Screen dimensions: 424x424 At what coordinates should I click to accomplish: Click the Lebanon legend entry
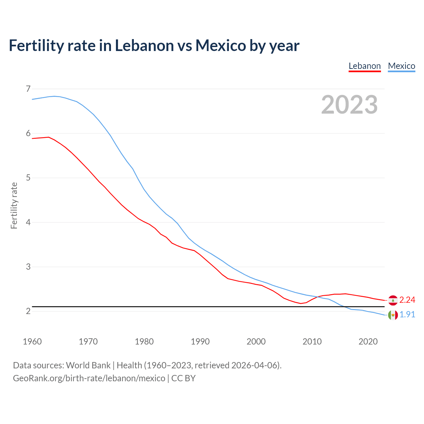pos(365,66)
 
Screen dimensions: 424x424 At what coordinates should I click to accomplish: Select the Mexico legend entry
pos(401,66)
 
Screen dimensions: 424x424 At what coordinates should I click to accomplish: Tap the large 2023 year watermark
pos(349,105)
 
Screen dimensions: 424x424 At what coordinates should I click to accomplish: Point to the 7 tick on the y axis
pos(28,89)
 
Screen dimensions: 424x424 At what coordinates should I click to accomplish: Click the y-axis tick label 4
pos(28,222)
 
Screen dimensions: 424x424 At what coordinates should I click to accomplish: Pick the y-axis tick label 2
pos(28,311)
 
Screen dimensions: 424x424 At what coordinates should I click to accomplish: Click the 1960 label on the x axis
pos(32,342)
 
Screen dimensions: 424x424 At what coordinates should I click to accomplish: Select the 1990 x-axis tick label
pos(200,342)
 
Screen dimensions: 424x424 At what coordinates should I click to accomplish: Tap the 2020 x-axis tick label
pos(368,342)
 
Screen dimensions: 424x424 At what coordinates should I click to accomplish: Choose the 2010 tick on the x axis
pos(312,342)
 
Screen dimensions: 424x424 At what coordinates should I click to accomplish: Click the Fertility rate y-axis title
pos(14,205)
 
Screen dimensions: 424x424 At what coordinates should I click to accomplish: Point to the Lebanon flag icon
pos(393,300)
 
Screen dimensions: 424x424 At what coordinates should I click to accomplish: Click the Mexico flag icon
pos(393,315)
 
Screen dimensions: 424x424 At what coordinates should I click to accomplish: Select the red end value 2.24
pos(407,300)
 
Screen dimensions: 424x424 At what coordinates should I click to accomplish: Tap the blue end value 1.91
pos(407,314)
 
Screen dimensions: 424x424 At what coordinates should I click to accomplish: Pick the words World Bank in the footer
pos(88,365)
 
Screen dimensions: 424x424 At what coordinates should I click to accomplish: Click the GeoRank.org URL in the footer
pos(89,378)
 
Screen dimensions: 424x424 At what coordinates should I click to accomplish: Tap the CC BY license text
pos(183,378)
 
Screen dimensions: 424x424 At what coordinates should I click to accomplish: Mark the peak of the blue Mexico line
pos(54,96)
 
